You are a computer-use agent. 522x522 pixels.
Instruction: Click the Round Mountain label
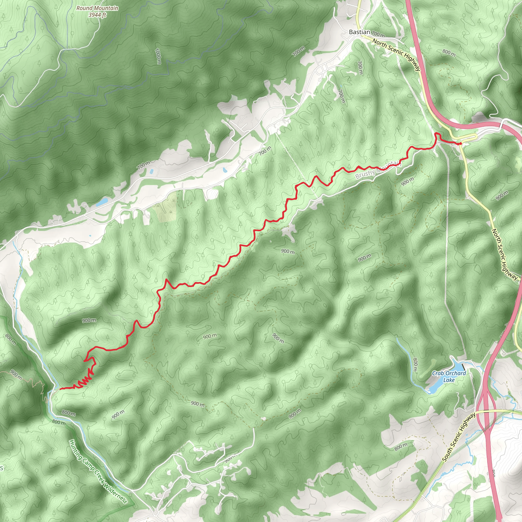pos(97,8)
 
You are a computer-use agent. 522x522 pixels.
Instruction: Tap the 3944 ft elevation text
pos(97,15)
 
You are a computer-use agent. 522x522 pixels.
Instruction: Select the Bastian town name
pos(359,32)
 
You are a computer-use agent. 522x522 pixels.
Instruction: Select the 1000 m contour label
pos(158,56)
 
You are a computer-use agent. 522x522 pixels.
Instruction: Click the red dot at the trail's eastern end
pos(460,144)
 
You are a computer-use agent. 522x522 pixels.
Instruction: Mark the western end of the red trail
pos(60,389)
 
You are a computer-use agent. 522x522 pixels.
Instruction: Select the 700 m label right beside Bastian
pos(378,34)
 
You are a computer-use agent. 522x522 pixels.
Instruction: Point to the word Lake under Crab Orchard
pos(449,380)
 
